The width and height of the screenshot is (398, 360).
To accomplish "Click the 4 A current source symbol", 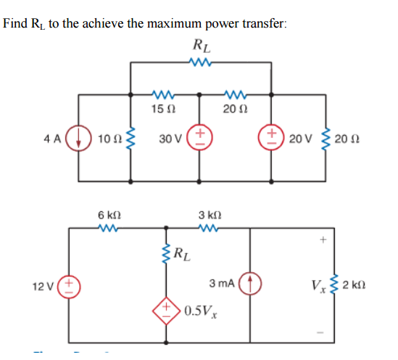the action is point(78,139).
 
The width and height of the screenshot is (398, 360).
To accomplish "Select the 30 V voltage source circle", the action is point(200,137).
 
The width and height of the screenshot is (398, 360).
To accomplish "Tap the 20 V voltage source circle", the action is point(271,137).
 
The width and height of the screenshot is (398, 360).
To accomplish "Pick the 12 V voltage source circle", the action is point(69,287).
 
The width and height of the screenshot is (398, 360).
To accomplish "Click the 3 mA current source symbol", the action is point(250,283).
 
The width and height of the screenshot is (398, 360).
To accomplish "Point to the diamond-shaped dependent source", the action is point(166,311).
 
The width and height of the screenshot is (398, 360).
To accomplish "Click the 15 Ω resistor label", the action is point(163,110).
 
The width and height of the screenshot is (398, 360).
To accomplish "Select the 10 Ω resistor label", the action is point(110,139).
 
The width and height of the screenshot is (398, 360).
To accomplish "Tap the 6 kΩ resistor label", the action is point(109,215).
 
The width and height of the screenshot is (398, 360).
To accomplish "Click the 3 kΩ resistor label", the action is point(210,215).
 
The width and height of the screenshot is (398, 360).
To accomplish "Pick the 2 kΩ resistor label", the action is point(354,285).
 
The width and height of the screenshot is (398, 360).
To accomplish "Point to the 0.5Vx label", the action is point(201,311).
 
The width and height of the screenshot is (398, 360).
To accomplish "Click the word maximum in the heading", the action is point(175,24).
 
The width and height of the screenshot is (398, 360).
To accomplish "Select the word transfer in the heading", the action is point(265,23).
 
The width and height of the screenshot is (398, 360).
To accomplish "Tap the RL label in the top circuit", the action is point(202,46).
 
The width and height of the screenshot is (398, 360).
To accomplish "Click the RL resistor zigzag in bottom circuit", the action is point(166,253).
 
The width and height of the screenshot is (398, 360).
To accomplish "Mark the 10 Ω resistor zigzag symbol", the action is point(130,139).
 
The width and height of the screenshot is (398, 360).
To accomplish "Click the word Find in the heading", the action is point(15,23).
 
